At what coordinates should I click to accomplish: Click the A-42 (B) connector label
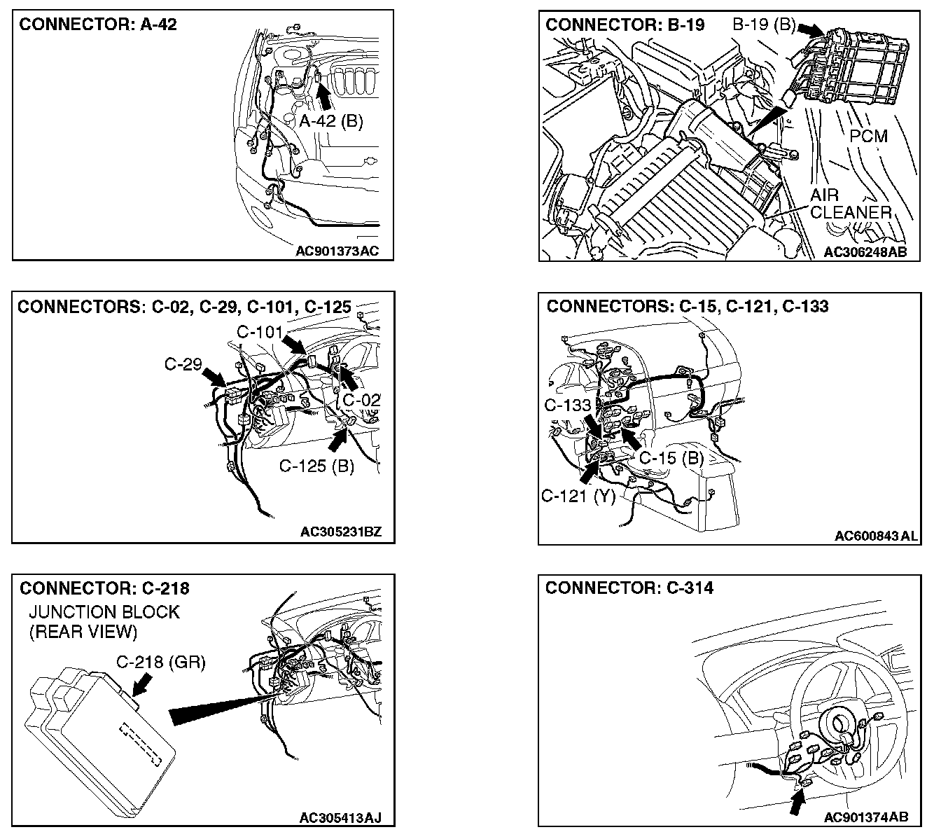331,121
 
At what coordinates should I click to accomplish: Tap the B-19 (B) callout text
764,26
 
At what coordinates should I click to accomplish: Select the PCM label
868,135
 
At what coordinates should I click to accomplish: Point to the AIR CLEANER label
850,204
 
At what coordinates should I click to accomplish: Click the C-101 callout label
259,331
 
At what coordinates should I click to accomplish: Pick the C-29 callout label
183,364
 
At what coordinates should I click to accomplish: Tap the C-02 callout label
361,400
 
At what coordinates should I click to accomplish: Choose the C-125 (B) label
316,466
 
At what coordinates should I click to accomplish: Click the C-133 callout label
568,405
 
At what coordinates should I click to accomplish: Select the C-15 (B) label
671,458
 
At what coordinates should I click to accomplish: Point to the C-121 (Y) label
578,496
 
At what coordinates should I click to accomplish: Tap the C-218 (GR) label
161,663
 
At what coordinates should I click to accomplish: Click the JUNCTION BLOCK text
104,612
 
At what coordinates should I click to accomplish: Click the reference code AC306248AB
865,252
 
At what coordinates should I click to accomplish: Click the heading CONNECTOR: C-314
629,588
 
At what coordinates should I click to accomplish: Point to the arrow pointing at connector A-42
321,92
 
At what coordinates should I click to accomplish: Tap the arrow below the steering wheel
796,803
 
